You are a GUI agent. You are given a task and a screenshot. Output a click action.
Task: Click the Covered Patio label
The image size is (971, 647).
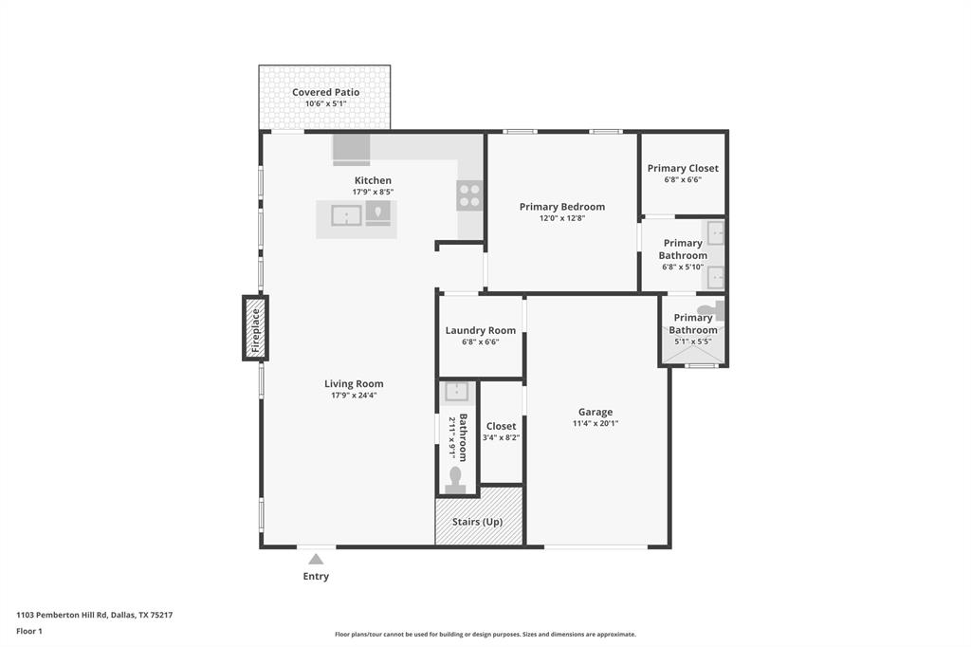coord(325,92)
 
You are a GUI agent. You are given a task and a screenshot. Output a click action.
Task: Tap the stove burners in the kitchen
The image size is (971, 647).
coord(470,194)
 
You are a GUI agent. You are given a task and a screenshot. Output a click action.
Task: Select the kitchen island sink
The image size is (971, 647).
coord(346,215)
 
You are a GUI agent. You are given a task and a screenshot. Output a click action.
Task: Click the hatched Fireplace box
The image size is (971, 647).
coord(255,328)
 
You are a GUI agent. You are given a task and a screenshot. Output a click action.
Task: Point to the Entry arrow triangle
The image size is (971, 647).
coord(316,559)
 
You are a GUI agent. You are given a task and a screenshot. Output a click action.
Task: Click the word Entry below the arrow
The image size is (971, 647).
coord(316,576)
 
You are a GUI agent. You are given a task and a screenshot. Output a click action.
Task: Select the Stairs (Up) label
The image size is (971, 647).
coord(477,522)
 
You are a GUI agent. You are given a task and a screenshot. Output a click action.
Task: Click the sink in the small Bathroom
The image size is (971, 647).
coord(457,391)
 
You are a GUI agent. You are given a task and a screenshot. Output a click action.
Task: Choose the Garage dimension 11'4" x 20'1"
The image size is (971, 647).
coord(595,424)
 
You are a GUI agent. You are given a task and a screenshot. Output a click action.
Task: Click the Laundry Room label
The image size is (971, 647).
coord(481,330)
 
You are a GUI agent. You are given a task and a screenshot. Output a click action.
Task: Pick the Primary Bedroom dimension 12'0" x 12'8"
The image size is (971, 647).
coord(561,218)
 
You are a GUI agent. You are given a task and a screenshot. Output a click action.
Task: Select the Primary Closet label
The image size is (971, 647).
coord(683,168)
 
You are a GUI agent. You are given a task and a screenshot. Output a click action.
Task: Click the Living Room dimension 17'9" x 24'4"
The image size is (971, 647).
coord(354,396)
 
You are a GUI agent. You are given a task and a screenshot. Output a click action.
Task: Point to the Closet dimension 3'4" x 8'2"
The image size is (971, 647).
coord(501,437)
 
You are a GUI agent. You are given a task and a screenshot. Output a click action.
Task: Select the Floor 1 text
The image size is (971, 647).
coord(30,631)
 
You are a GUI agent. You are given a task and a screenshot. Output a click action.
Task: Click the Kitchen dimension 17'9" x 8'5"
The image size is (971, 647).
coord(373,192)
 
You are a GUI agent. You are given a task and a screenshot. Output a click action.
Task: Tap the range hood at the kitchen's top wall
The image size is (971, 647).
coord(351,149)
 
